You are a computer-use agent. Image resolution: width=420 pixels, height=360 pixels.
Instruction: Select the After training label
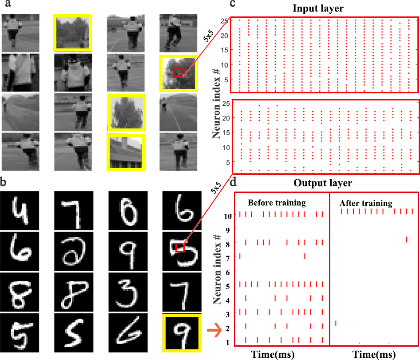tap(365, 203)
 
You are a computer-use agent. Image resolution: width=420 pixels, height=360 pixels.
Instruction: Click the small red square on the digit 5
tap(180, 248)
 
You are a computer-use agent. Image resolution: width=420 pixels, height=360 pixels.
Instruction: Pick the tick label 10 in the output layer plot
tap(227, 216)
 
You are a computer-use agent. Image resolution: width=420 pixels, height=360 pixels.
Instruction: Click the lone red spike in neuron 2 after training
tap(336, 323)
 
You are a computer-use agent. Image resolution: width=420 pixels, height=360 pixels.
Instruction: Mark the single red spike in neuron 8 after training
tap(406, 240)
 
